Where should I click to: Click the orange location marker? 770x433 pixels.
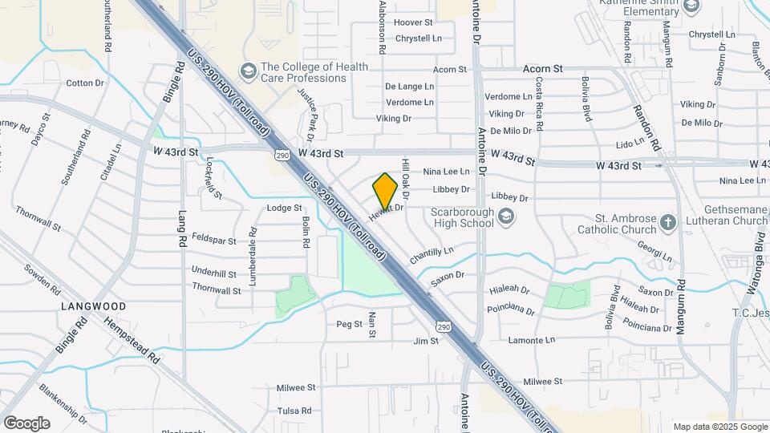385,191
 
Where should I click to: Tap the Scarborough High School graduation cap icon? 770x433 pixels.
505,216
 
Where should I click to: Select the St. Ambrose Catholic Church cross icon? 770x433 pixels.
669,222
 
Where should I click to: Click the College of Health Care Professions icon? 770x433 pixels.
249,72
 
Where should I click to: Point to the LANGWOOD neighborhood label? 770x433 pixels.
94,306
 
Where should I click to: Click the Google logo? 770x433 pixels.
26,423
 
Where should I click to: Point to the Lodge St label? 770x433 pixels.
284,208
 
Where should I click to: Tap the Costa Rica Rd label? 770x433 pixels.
540,105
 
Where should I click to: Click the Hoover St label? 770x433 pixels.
413,22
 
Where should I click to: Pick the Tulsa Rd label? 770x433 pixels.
294,411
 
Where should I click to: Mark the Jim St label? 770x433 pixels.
426,341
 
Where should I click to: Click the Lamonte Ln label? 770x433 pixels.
533,340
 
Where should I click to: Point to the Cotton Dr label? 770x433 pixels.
85,83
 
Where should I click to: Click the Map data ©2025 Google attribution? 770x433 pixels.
719,427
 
